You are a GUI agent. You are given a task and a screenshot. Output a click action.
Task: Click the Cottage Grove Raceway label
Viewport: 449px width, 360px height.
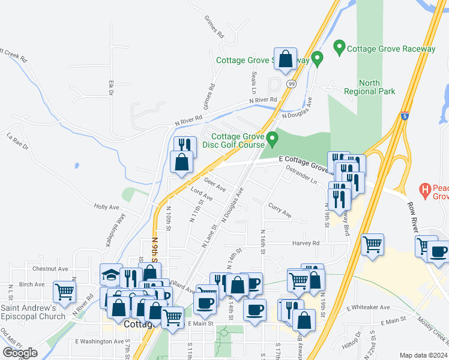tap(393, 49)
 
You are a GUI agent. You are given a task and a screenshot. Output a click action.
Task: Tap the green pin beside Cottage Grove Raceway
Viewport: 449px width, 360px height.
tap(339, 46)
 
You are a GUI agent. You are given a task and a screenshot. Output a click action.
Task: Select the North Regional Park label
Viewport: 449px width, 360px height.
tap(369, 87)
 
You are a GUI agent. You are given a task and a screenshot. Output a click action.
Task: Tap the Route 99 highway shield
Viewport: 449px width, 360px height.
tap(291, 83)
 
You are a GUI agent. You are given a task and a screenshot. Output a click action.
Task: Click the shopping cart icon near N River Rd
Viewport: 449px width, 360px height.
tap(64, 292)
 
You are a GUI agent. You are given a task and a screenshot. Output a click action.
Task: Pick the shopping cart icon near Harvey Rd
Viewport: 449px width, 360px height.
tap(373, 244)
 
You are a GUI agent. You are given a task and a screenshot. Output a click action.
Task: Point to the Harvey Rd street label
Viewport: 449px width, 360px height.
tap(306, 243)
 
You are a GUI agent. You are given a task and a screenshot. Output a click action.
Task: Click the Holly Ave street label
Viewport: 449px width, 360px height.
tap(106, 207)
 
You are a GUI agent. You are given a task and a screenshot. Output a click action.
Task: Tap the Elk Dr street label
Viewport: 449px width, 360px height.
tap(110, 88)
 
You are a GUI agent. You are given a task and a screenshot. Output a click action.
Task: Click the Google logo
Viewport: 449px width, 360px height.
tap(20, 353)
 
